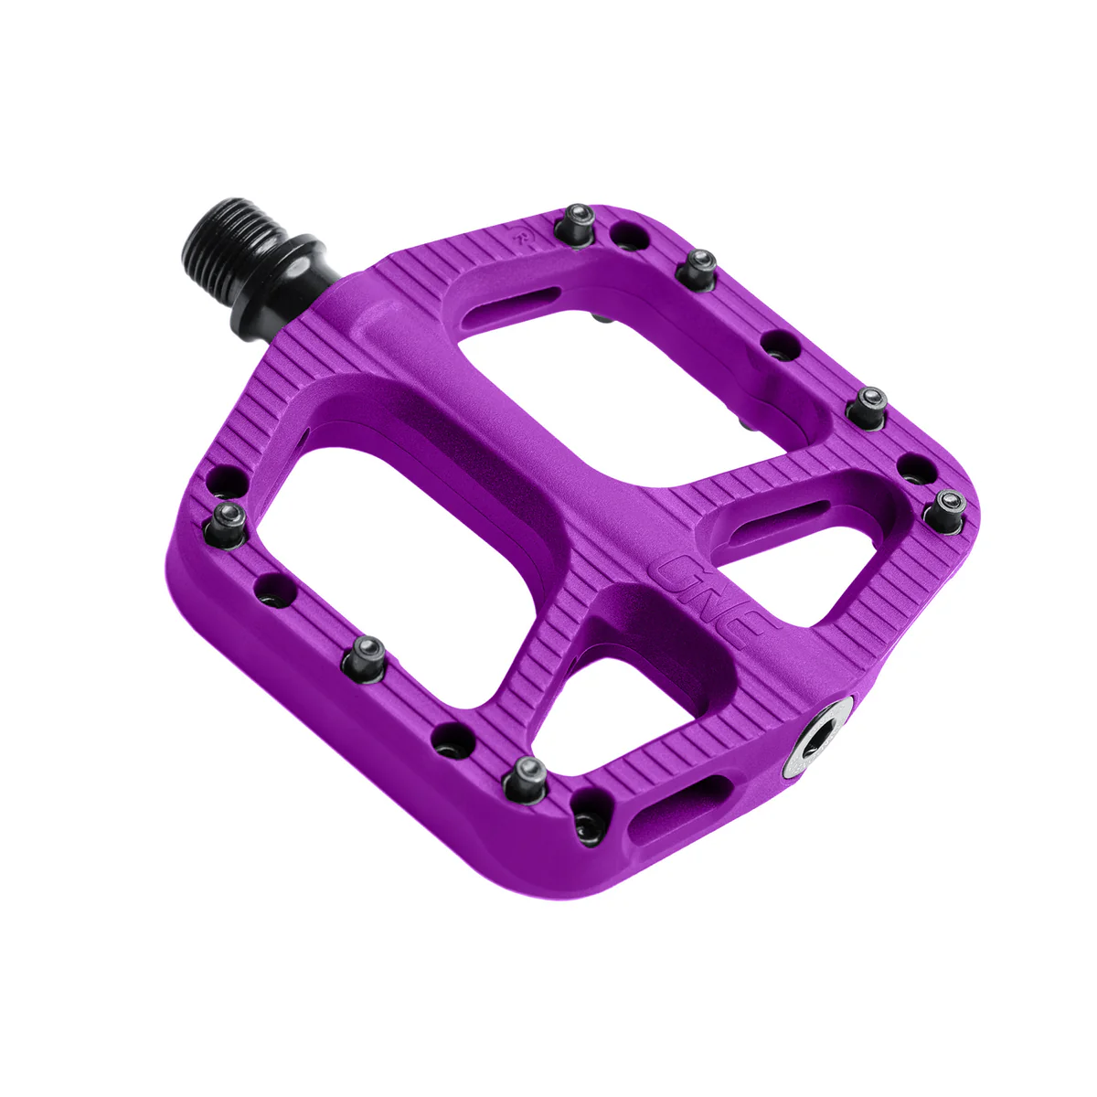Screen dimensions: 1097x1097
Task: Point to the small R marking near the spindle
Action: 523,237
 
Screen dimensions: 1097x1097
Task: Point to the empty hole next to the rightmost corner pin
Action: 915,470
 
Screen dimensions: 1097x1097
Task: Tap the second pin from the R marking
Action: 699,266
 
